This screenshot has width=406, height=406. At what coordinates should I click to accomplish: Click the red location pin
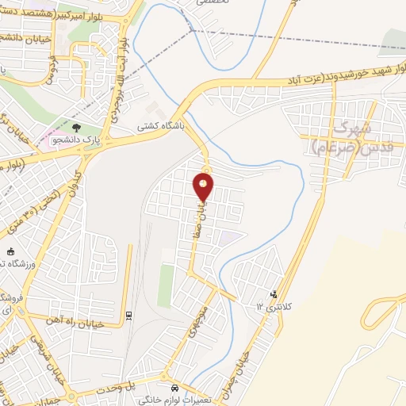pos(204,186)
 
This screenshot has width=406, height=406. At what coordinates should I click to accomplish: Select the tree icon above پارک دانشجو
pos(76,127)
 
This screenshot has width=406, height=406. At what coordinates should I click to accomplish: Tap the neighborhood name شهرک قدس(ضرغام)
pos(345,136)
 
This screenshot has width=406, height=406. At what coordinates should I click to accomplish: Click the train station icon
pos(128,316)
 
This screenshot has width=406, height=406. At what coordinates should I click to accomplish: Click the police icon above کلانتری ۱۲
pos(274,294)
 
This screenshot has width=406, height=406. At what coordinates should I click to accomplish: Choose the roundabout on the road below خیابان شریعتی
pos(71,395)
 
